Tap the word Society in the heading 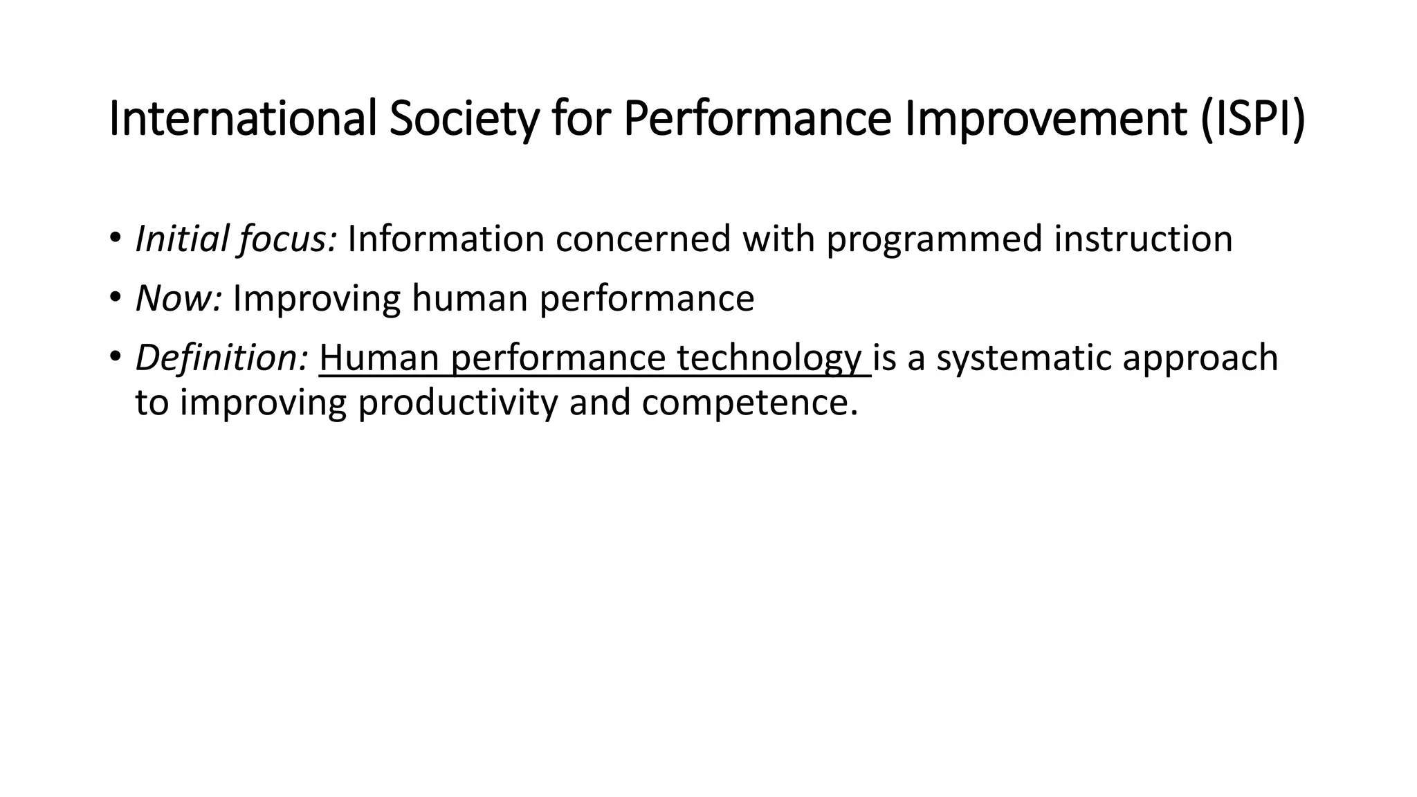(464, 119)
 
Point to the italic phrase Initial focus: (236, 239)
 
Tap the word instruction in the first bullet (1143, 239)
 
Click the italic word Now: (179, 299)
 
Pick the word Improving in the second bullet (316, 299)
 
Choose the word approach (1200, 358)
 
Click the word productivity (457, 403)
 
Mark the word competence (749, 403)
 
